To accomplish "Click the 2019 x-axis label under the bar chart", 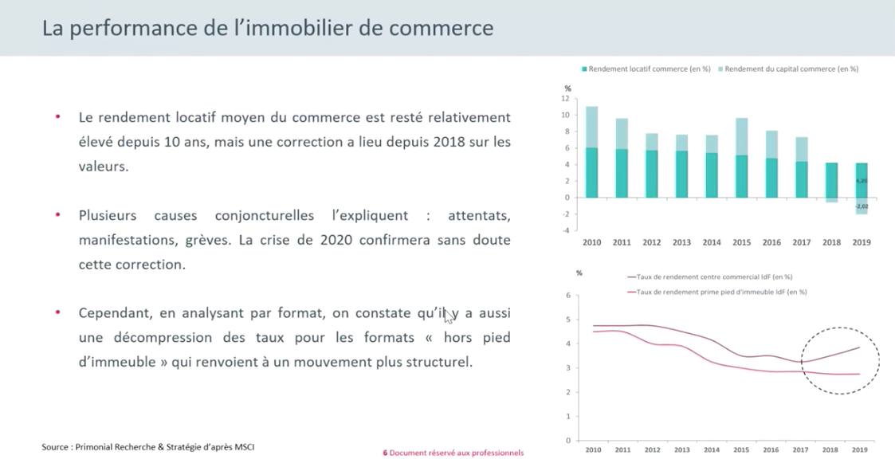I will click(x=861, y=241).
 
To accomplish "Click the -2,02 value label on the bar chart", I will click(x=862, y=206).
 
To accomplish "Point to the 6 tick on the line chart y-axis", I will click(x=567, y=295).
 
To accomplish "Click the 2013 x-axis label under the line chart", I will click(x=681, y=452).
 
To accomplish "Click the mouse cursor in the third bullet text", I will click(x=449, y=316).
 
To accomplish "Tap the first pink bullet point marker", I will click(x=57, y=116).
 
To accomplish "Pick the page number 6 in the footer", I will click(x=385, y=453).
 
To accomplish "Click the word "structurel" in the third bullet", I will click(x=437, y=361).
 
